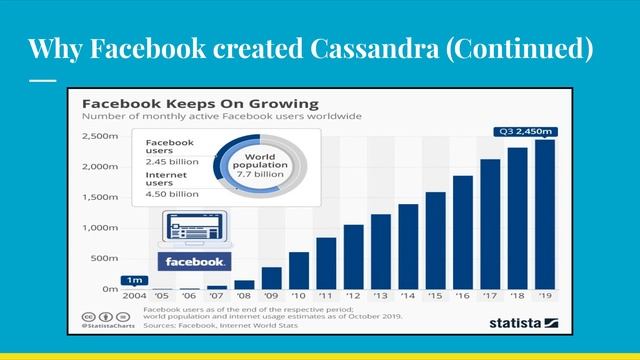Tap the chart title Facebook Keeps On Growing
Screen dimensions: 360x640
(x=199, y=103)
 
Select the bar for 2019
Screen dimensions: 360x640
(x=544, y=214)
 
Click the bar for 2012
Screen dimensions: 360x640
(x=353, y=257)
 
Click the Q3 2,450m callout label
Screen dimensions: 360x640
(x=529, y=130)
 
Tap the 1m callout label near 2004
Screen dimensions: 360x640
(x=132, y=280)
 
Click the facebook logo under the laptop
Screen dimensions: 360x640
(x=195, y=261)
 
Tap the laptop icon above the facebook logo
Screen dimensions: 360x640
(x=194, y=231)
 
